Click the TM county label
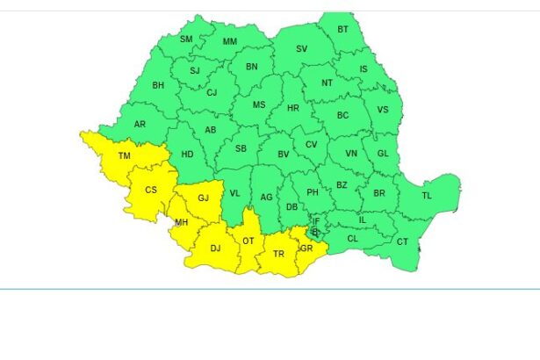click(125, 156)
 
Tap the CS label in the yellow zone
click(151, 189)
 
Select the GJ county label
click(203, 197)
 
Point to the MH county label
click(182, 222)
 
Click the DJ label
click(215, 248)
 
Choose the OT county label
click(248, 241)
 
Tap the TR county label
click(279, 254)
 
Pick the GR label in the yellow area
click(306, 248)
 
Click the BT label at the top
click(343, 29)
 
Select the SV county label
click(301, 49)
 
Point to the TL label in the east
click(427, 195)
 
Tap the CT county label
click(402, 241)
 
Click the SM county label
click(186, 40)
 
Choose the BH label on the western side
click(158, 85)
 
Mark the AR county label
click(140, 124)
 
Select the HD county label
click(187, 155)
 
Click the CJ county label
click(212, 92)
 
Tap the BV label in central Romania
click(284, 155)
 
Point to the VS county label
click(382, 110)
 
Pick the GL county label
click(382, 153)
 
